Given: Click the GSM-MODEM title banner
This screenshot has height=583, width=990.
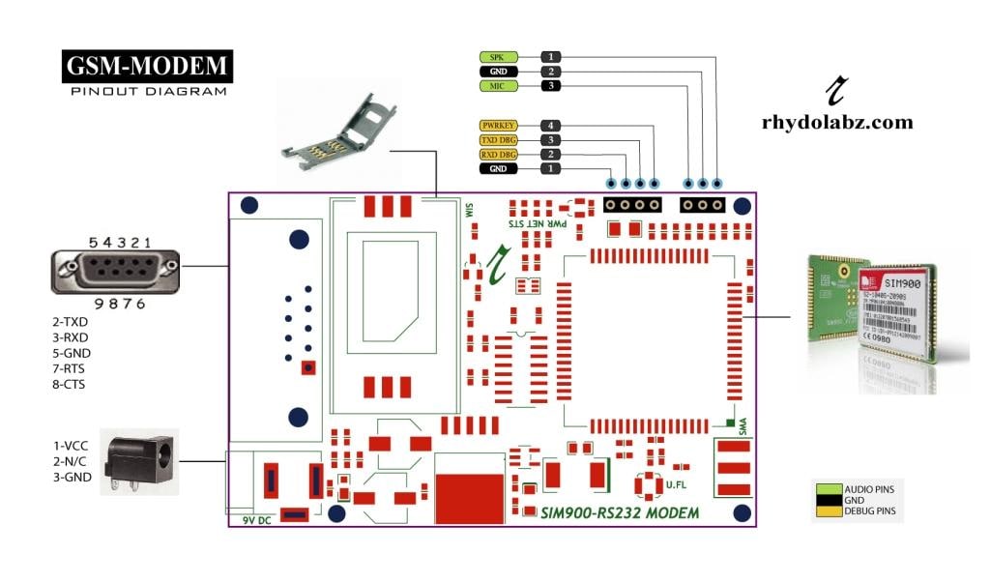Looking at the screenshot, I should (x=148, y=66).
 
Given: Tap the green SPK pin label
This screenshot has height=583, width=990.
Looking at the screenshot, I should (x=497, y=57).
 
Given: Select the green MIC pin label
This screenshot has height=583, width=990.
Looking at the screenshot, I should (x=497, y=86).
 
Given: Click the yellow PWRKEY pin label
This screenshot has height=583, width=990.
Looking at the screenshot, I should (x=497, y=126).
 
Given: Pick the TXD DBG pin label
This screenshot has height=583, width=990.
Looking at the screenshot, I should (x=497, y=140).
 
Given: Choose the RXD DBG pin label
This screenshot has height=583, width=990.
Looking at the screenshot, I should (x=497, y=155).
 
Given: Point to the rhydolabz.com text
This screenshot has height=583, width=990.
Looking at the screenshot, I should (x=836, y=123).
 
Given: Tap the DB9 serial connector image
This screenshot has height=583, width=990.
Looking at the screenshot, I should (x=114, y=272).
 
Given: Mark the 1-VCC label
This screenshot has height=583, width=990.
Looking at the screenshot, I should (x=71, y=446).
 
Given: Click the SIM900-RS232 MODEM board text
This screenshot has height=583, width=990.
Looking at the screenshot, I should (x=620, y=511).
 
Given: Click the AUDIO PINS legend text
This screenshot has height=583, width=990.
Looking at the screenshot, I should (x=870, y=489).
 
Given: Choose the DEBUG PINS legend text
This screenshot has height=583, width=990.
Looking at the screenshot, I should (x=870, y=510).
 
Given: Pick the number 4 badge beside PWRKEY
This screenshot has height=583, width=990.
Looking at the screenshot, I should (x=549, y=126).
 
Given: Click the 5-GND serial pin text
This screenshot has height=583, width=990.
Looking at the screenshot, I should (x=71, y=354).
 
